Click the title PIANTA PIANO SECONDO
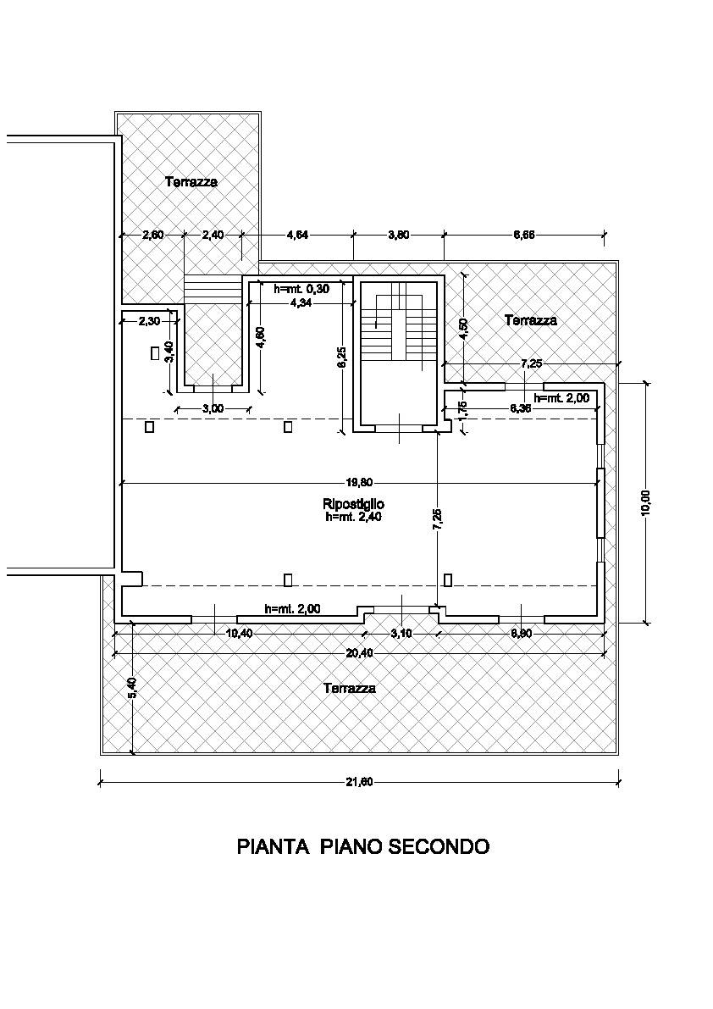(362, 846)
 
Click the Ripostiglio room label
(353, 505)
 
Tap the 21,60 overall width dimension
(359, 782)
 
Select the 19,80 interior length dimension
(361, 483)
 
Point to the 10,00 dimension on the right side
(646, 502)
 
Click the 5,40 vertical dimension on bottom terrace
(131, 688)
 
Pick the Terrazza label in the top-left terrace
(191, 181)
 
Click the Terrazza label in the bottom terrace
(350, 689)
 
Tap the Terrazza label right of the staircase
(531, 320)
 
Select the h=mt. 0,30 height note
(301, 288)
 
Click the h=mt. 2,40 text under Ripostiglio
(353, 517)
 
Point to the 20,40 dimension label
(359, 652)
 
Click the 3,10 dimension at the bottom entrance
(401, 634)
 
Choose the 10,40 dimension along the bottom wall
(240, 634)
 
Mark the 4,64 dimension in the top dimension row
(297, 236)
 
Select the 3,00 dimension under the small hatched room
(213, 408)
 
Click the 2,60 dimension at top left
(152, 236)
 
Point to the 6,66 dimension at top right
(523, 236)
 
